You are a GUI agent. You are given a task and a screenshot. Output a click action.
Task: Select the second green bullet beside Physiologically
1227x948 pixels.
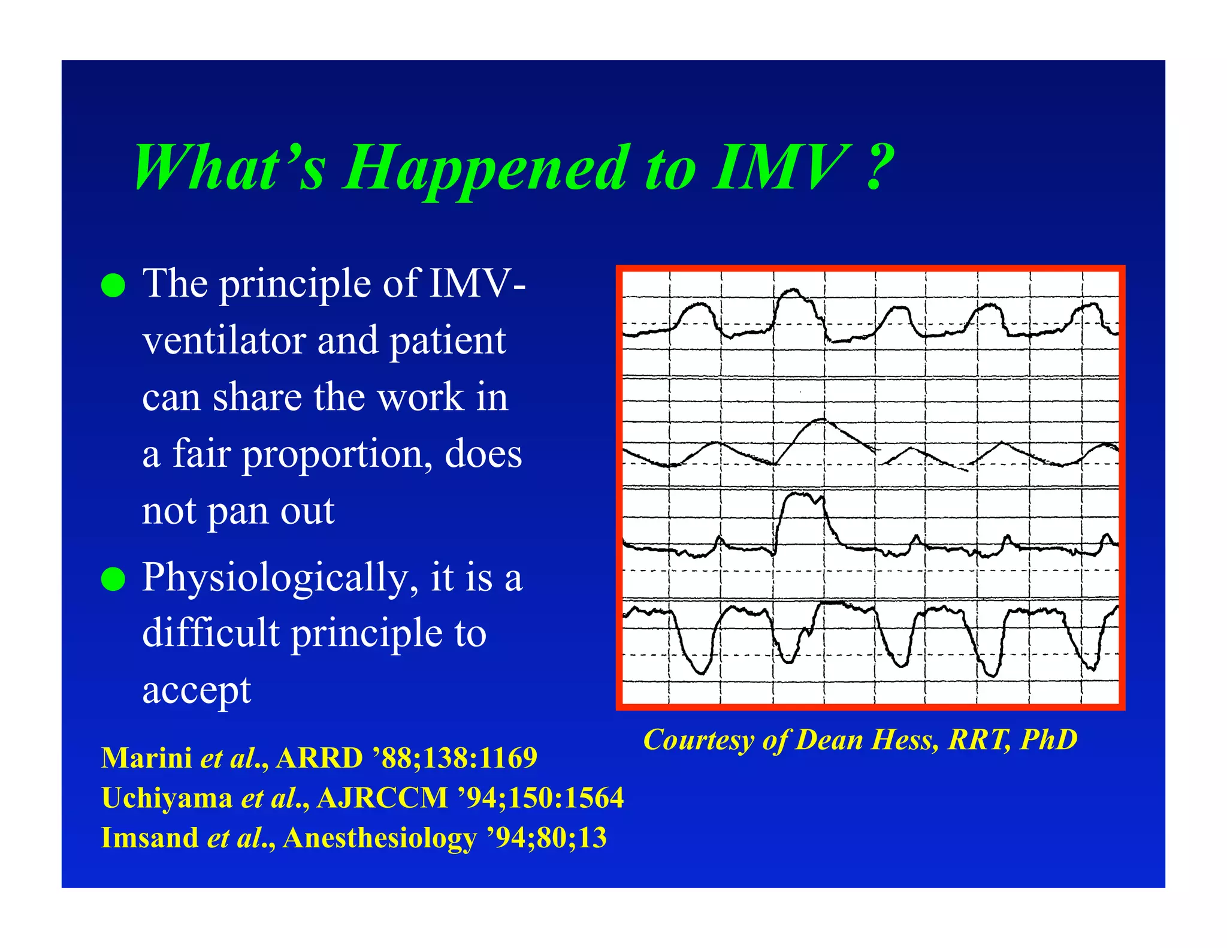(113, 579)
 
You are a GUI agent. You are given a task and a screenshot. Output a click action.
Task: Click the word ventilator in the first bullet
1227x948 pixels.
(222, 340)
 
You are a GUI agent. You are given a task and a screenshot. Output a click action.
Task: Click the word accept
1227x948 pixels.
(197, 690)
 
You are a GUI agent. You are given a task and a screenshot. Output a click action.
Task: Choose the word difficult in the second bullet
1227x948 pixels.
(210, 633)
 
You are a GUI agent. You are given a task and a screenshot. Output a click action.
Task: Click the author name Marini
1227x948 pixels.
(146, 758)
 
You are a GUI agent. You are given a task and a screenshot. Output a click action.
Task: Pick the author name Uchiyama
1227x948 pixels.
(167, 798)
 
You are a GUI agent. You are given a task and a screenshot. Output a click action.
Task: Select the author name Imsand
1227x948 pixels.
(149, 838)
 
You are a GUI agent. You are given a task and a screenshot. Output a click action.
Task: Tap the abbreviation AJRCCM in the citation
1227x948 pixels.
(382, 798)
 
